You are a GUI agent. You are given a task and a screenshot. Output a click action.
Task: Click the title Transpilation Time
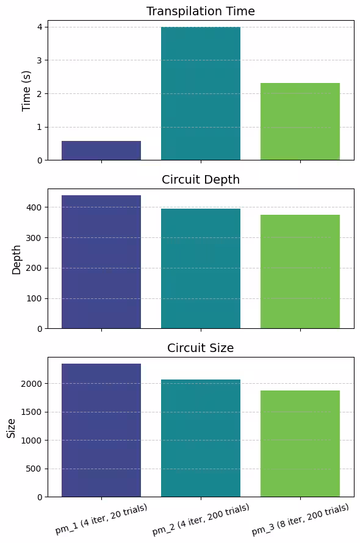[x=201, y=11]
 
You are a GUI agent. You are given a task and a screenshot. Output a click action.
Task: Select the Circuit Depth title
[x=201, y=179]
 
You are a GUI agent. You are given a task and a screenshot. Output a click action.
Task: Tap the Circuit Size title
[x=201, y=348]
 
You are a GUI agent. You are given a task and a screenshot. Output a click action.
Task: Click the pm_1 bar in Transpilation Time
[x=101, y=151]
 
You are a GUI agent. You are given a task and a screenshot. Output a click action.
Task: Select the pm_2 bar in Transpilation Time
[x=201, y=93]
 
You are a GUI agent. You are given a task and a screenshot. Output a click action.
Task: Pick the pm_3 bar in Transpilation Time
[x=300, y=121]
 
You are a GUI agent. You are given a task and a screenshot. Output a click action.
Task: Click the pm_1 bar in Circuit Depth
[x=101, y=262]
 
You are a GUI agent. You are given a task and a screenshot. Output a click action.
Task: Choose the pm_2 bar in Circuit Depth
[x=201, y=268]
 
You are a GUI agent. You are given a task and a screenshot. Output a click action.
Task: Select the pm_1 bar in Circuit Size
[x=101, y=430]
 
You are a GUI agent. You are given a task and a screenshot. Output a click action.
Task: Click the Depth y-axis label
[x=16, y=259]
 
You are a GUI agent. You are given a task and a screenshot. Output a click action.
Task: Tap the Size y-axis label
[x=11, y=428]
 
